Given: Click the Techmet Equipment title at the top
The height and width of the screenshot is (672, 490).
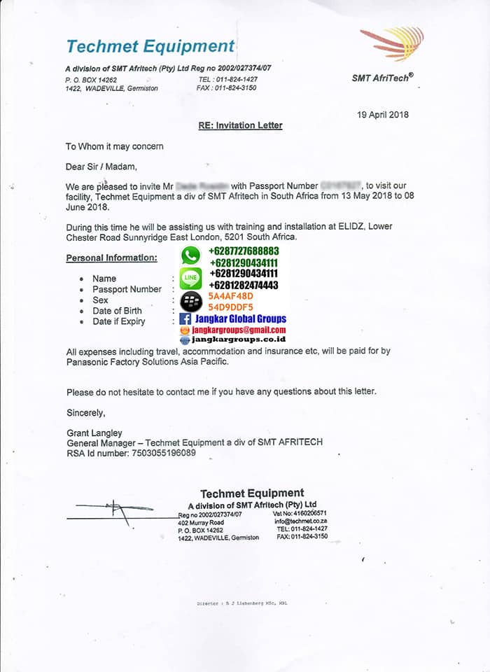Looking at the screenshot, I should (150, 47).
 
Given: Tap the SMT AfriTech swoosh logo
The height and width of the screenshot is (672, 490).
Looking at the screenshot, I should (393, 43).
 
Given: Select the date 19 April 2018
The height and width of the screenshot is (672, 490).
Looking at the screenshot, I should (382, 115).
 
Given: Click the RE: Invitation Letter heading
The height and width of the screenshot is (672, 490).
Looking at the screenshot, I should (240, 126).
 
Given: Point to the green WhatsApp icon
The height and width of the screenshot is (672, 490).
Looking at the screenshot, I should (190, 255).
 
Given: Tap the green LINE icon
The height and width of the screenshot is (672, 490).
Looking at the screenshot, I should (190, 279).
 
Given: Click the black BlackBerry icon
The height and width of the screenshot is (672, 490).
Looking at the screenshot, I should (190, 301).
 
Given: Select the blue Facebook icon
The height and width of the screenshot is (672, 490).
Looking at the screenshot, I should (185, 319).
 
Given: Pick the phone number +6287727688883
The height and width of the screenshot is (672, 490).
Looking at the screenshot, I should (243, 251).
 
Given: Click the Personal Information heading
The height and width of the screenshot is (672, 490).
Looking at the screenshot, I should (112, 258).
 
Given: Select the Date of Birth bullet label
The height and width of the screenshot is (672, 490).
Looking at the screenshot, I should (117, 311).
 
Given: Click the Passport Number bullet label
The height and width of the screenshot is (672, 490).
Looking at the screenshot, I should (127, 289).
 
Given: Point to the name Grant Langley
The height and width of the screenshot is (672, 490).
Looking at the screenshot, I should (94, 433).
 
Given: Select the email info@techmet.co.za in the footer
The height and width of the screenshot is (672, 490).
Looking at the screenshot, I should (300, 521).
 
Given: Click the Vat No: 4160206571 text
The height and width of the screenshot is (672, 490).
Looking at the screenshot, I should (300, 513).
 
